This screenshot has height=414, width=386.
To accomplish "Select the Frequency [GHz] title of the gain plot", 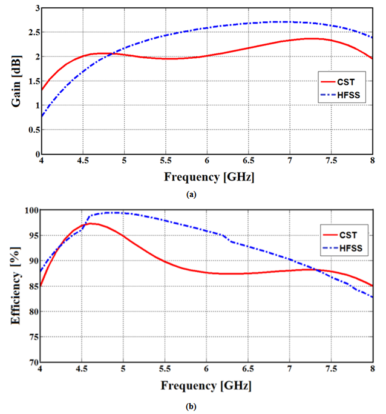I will [x=206, y=177].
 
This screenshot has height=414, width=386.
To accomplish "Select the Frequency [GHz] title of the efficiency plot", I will [x=206, y=386].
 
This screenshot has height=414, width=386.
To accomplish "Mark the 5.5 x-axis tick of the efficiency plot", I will [x=165, y=370].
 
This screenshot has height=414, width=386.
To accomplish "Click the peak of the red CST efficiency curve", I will [x=91, y=224].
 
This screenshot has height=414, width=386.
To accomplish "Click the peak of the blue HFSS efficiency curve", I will [x=115, y=213].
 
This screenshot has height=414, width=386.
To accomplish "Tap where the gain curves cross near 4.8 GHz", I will [x=113, y=55].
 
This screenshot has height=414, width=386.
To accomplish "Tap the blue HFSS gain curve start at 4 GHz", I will [x=41, y=116].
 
